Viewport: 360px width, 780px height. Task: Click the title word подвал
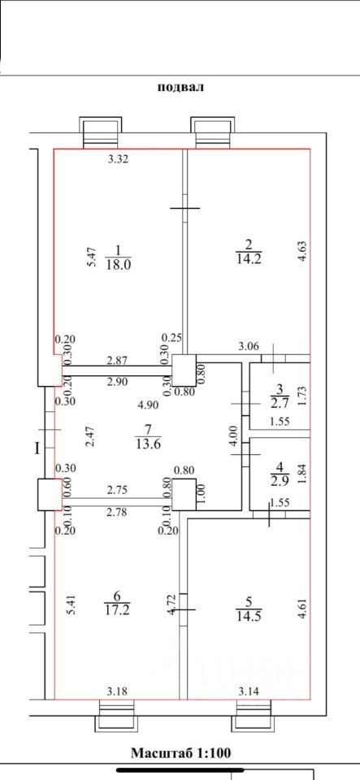tap(181, 88)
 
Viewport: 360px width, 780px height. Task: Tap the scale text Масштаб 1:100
tap(181, 752)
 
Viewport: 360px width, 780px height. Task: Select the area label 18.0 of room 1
tap(117, 264)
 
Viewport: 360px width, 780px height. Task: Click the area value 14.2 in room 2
tap(248, 258)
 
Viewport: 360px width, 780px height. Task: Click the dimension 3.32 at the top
tap(119, 159)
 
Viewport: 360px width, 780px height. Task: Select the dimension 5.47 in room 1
tap(90, 258)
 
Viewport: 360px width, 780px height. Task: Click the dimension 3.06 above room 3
tap(248, 347)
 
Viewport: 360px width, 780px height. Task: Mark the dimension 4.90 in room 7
tap(148, 405)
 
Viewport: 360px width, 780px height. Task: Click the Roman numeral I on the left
tap(37, 449)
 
